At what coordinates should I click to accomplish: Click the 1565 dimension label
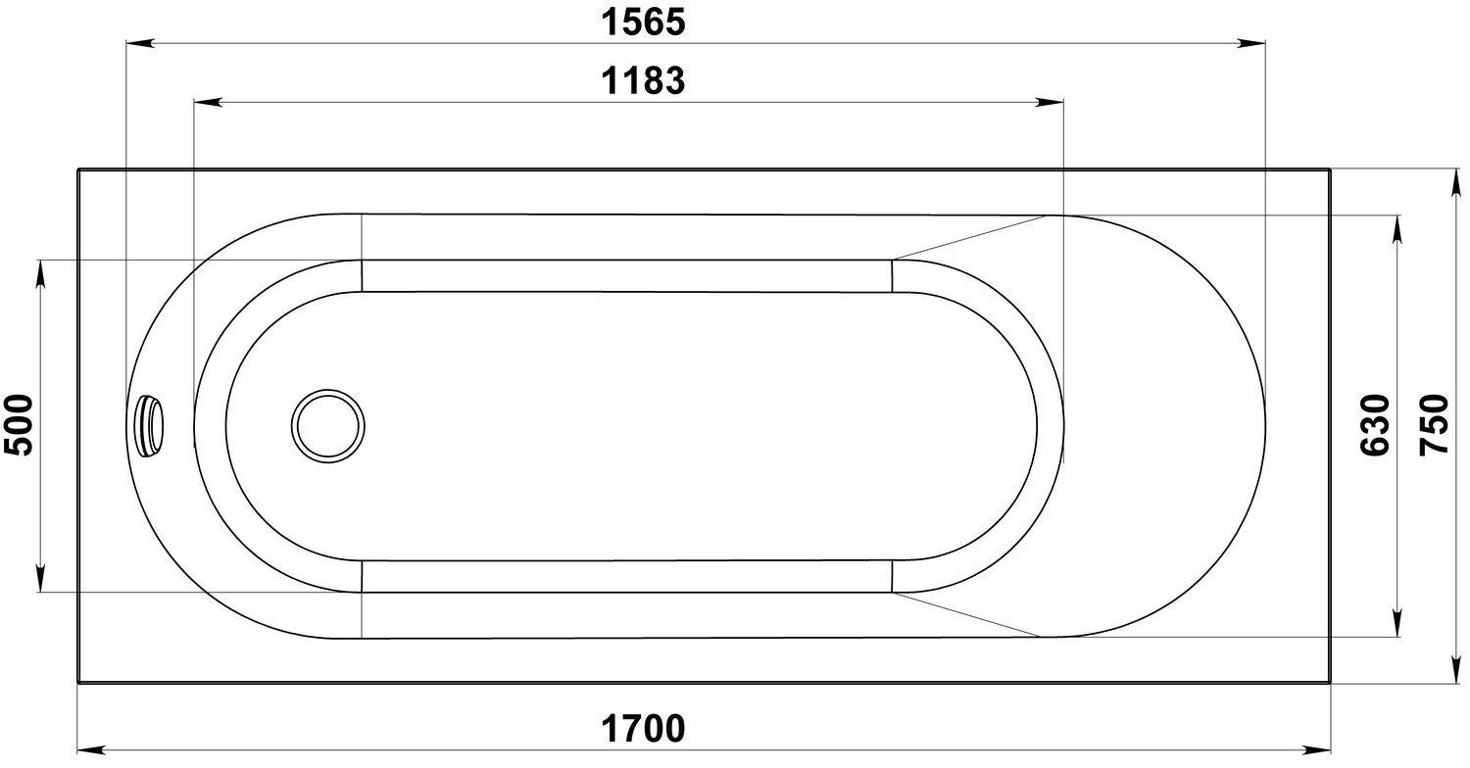[643, 23]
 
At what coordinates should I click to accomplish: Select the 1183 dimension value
[643, 81]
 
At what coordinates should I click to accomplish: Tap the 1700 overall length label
[643, 729]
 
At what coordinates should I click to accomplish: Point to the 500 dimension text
[19, 425]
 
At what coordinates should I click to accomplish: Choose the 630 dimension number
[1375, 425]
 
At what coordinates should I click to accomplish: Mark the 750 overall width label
[1434, 425]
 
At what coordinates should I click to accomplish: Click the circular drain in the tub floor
[328, 426]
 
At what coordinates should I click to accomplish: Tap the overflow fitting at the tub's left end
[150, 426]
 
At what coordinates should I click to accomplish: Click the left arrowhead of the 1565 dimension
[140, 43]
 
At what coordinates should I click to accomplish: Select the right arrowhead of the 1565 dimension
[1250, 43]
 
